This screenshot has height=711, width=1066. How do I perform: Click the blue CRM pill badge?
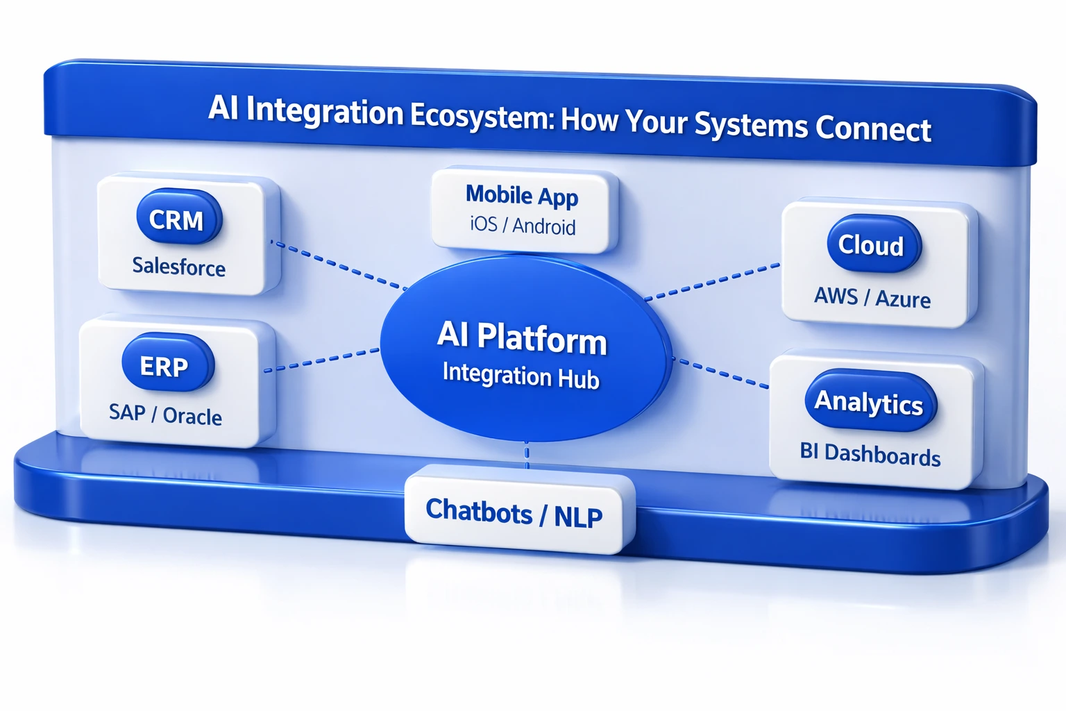(178, 219)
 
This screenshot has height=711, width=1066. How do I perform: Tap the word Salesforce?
(179, 267)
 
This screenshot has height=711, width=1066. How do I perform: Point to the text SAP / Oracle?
(165, 415)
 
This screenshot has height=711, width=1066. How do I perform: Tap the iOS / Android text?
(523, 226)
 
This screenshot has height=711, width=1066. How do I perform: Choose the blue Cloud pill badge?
(873, 244)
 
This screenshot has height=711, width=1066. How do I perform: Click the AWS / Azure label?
(872, 298)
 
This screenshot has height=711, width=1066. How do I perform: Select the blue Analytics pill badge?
(870, 402)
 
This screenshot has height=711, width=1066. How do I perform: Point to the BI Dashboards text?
(870, 454)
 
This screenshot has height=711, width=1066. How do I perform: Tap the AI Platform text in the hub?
(522, 337)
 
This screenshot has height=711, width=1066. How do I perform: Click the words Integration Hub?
(521, 376)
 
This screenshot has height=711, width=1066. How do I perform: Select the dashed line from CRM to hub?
(339, 265)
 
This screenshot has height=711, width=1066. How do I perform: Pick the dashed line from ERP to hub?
(322, 360)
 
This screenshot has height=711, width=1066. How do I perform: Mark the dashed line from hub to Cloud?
(712, 282)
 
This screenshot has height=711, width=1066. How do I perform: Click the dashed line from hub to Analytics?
(722, 373)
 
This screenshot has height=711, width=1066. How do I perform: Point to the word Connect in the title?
(873, 129)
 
